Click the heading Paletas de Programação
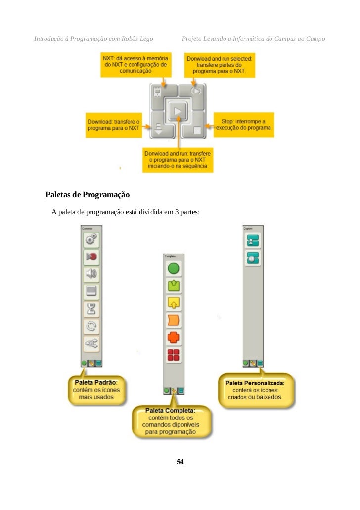(x=88, y=195)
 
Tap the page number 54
(x=180, y=462)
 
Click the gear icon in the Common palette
(x=90, y=240)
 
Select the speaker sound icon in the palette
(x=90, y=274)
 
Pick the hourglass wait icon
(x=90, y=309)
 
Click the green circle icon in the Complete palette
(x=173, y=269)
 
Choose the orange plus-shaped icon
(x=173, y=337)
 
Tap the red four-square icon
(x=173, y=355)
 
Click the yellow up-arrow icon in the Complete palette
(x=173, y=303)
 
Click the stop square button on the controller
(x=197, y=130)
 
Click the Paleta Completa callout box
(x=170, y=421)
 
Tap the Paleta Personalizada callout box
(x=255, y=390)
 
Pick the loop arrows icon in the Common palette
(x=90, y=326)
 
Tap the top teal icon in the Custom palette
(x=253, y=240)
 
